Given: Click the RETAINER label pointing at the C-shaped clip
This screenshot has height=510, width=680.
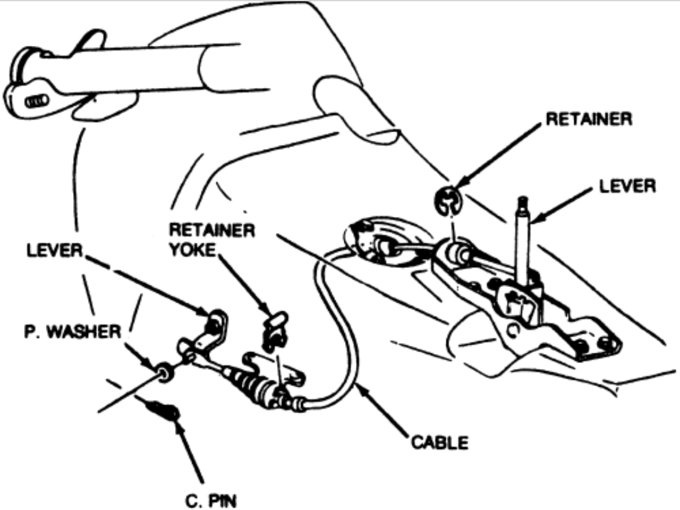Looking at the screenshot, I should [588, 119].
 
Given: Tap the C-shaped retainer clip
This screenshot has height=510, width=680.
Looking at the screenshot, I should [448, 200].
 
